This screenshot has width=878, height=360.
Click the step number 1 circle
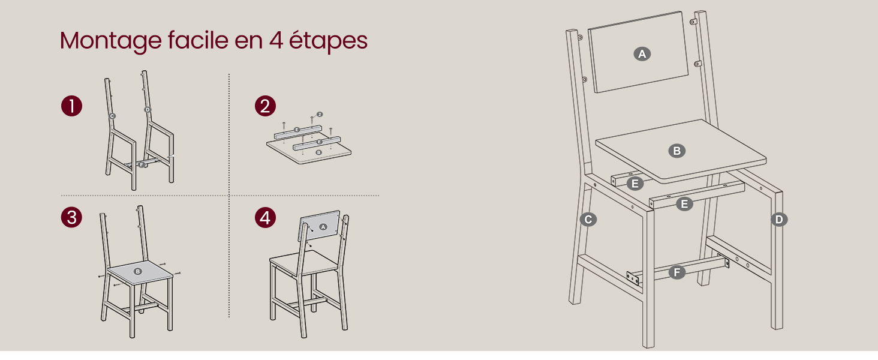(x=71, y=107)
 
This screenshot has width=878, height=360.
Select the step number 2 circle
(x=265, y=107)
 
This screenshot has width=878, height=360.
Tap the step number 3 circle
(x=71, y=217)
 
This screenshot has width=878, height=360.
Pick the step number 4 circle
(x=265, y=217)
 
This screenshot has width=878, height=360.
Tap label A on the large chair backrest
(x=642, y=54)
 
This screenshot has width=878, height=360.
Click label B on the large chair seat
(x=677, y=151)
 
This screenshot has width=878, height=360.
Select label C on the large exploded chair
(x=588, y=220)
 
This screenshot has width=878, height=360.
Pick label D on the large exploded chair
(x=778, y=220)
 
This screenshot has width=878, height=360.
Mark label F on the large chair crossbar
(x=677, y=273)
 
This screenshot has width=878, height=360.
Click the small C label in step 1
(x=112, y=116)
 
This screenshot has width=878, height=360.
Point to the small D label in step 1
(x=148, y=109)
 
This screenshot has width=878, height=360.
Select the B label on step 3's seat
(x=138, y=271)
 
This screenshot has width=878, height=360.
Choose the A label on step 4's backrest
(x=323, y=227)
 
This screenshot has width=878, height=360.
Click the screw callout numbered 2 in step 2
(x=320, y=114)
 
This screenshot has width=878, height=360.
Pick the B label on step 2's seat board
(x=318, y=152)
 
